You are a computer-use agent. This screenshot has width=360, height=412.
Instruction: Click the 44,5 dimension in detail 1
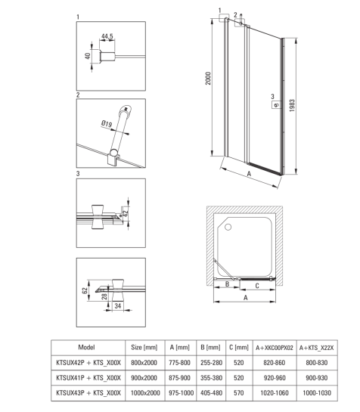[x=107, y=36]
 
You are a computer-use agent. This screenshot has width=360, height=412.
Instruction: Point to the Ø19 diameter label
[x=107, y=123]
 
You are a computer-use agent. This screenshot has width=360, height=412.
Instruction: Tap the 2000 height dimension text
[x=208, y=79]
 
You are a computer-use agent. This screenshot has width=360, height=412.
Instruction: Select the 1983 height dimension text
[x=292, y=106]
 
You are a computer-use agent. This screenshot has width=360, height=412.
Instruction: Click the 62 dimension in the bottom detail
[x=85, y=290]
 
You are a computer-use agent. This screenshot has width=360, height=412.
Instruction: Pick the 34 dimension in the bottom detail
[x=118, y=306]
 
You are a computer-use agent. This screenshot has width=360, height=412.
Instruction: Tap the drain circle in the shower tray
[x=228, y=227]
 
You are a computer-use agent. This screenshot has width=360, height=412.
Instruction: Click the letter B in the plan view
[x=228, y=284]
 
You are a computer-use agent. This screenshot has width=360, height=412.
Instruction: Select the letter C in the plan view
[x=257, y=286]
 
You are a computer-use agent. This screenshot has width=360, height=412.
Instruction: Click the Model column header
[x=86, y=347]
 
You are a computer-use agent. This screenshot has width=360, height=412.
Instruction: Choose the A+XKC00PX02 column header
[x=275, y=348]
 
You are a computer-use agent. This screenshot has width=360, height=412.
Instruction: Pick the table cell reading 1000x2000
[x=145, y=393]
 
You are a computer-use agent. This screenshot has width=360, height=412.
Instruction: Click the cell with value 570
[x=239, y=393]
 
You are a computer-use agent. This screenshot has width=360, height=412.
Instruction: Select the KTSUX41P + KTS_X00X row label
[x=88, y=378]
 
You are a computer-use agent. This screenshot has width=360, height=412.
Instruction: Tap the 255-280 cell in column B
[x=211, y=363]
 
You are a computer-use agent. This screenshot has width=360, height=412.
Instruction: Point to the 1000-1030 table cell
[x=317, y=393]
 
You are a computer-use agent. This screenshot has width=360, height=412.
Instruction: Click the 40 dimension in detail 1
[x=87, y=56]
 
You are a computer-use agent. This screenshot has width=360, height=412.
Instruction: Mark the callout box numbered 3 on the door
[x=276, y=104]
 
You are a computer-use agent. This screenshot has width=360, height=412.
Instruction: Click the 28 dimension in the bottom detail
[x=104, y=296]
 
